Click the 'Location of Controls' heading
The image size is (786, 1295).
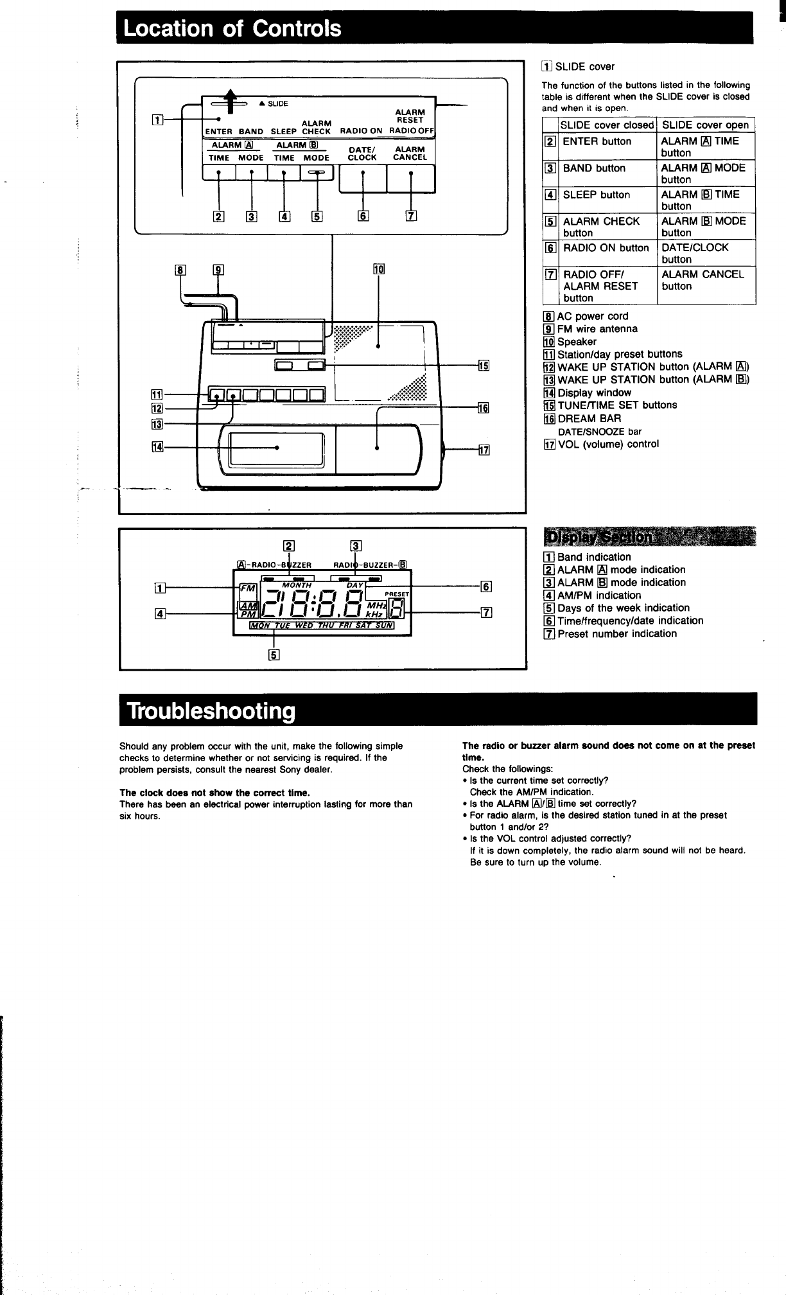(x=233, y=29)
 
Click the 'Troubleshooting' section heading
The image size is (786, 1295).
(x=211, y=711)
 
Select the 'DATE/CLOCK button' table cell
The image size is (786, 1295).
(x=695, y=253)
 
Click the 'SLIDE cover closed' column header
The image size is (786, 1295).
(x=607, y=125)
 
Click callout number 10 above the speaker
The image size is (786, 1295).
(x=378, y=269)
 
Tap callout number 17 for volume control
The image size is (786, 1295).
(x=484, y=450)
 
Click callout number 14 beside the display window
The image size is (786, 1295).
(x=156, y=447)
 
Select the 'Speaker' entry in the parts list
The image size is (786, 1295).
(x=577, y=342)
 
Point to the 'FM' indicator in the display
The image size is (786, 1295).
(x=247, y=588)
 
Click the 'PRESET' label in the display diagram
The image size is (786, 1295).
(x=397, y=594)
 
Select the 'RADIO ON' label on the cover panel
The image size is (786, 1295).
(x=361, y=130)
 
